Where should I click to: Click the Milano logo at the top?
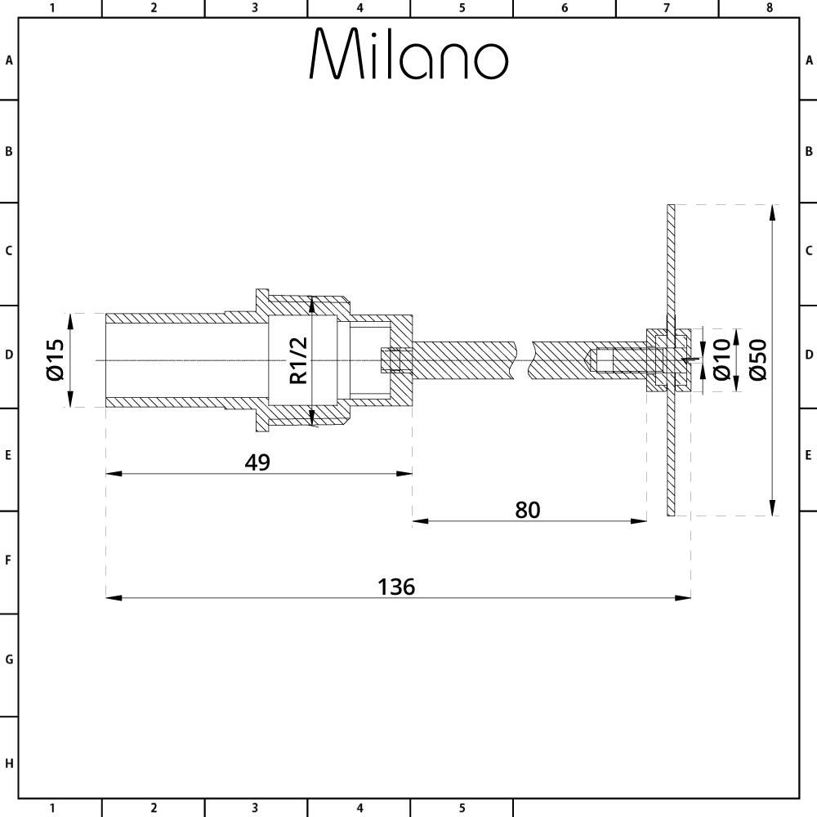point(408,55)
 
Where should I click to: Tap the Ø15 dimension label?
point(56,360)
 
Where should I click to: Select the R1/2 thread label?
point(299,360)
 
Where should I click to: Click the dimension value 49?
point(257,462)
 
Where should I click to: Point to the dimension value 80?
point(528,510)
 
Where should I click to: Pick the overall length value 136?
point(396,587)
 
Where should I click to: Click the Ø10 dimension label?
point(721,360)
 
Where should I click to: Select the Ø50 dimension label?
point(757,360)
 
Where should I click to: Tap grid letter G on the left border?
point(9,659)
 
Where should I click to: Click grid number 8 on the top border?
point(769,8)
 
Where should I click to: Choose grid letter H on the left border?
point(9,764)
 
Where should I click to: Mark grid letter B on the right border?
point(808,151)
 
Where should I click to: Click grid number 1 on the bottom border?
point(51,809)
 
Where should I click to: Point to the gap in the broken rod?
point(523,360)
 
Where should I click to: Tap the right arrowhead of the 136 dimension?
point(685,598)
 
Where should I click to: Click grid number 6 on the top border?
point(565,8)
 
